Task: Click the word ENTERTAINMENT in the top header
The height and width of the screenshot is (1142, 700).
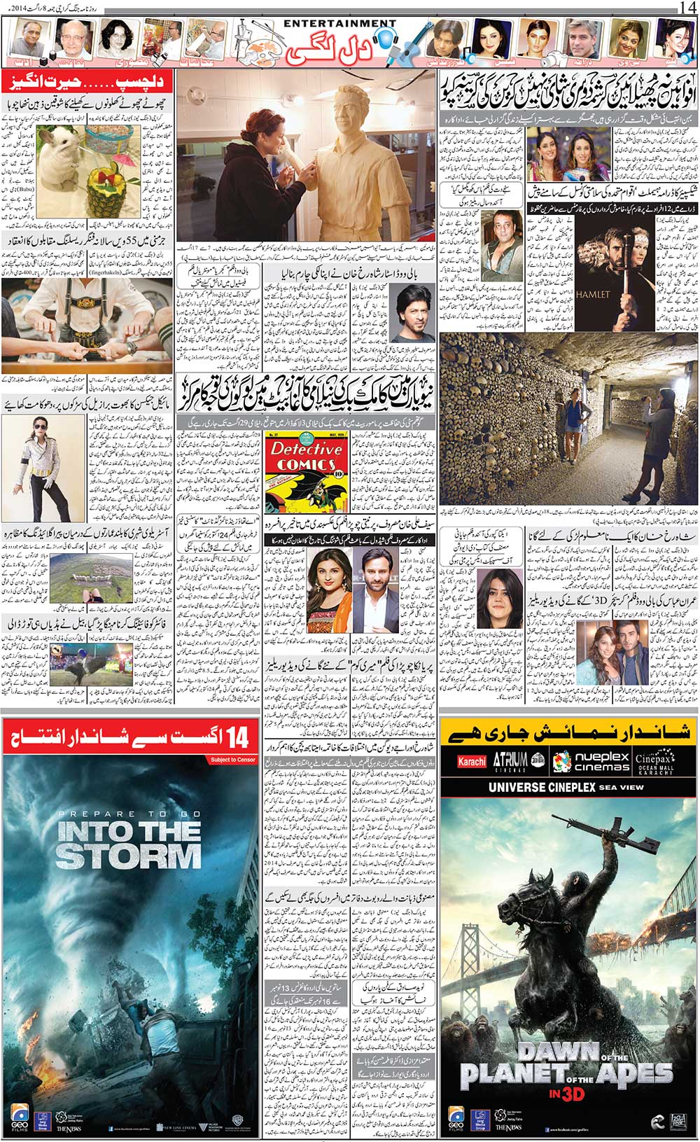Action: (340, 23)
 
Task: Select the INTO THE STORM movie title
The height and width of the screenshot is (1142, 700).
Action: (128, 845)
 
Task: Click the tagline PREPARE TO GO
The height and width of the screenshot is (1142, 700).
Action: (128, 814)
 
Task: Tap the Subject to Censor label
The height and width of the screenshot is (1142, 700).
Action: (233, 760)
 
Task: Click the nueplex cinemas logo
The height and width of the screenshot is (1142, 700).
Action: (591, 762)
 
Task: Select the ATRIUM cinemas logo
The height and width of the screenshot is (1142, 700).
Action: (510, 760)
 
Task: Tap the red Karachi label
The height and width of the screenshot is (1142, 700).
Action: (471, 762)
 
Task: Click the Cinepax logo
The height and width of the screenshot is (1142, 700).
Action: (654, 762)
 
